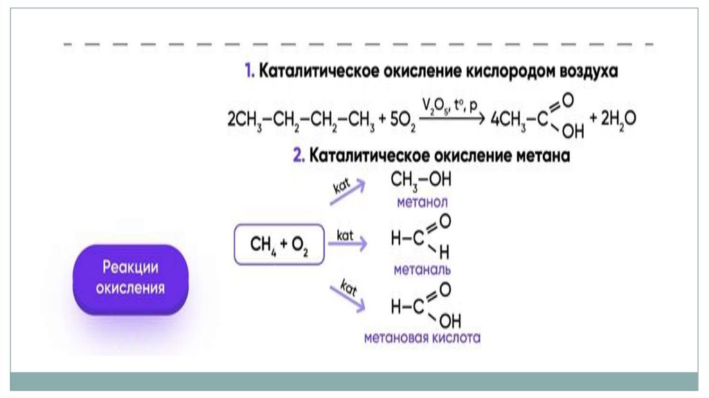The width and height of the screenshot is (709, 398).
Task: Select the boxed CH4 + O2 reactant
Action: click(x=279, y=245)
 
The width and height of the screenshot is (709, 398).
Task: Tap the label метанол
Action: click(x=422, y=202)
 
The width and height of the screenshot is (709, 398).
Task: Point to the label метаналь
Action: click(x=422, y=270)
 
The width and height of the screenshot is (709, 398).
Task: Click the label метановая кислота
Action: click(x=422, y=337)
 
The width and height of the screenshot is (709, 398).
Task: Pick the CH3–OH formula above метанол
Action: click(x=421, y=181)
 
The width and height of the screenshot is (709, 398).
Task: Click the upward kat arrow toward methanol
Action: click(x=348, y=192)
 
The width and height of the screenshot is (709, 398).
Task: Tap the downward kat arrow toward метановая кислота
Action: click(x=348, y=299)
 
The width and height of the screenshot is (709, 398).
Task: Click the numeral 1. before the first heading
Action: click(x=249, y=71)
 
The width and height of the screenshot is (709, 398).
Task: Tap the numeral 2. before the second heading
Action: click(x=299, y=155)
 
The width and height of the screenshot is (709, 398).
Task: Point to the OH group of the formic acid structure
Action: click(x=450, y=321)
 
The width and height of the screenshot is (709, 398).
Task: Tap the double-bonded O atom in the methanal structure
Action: click(x=445, y=221)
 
